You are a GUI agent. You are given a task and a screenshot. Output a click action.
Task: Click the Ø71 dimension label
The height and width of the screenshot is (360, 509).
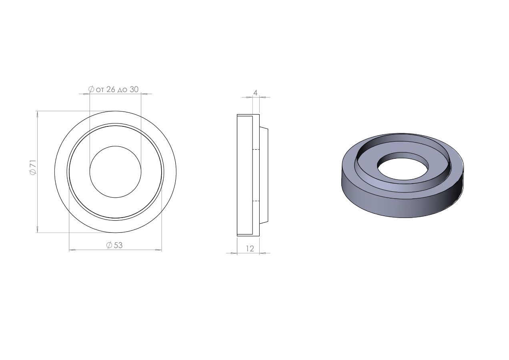click(33, 167)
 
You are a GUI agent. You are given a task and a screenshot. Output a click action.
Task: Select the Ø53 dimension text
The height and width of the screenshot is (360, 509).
click(114, 245)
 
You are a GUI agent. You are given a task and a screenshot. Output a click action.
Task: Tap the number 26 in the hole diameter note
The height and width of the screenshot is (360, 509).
click(111, 89)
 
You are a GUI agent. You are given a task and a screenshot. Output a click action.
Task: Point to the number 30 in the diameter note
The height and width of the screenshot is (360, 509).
click(134, 89)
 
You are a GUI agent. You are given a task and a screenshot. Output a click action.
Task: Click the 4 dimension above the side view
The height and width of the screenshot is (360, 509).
click(255, 93)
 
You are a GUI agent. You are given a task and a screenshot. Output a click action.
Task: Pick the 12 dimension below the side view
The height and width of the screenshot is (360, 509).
click(250, 249)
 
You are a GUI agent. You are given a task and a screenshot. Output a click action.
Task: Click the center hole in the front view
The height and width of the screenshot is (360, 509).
click(115, 172)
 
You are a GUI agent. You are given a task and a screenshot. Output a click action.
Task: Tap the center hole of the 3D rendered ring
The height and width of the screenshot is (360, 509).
click(403, 166)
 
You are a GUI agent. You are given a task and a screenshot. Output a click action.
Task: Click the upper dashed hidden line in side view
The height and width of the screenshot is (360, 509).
click(256, 150)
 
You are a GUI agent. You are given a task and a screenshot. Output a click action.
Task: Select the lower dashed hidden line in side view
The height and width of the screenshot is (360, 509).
click(256, 201)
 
